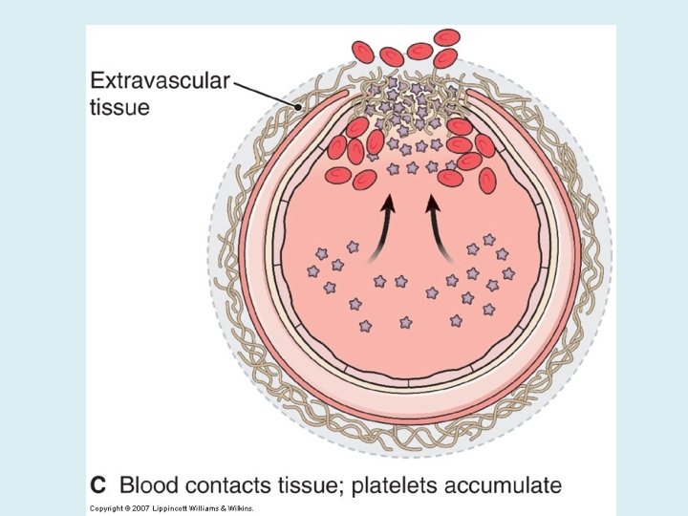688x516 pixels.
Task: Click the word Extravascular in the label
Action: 160,81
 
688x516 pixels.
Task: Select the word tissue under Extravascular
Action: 119,107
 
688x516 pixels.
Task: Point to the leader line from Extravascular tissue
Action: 268,91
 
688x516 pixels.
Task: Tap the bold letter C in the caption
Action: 97,484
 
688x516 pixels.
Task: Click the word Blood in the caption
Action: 151,484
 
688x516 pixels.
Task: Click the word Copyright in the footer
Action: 106,507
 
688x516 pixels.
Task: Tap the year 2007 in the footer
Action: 141,507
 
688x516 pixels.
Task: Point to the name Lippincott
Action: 172,507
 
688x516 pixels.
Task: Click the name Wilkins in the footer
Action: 243,507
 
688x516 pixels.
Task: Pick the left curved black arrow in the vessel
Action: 382,226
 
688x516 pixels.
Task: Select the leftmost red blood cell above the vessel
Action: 363,52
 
